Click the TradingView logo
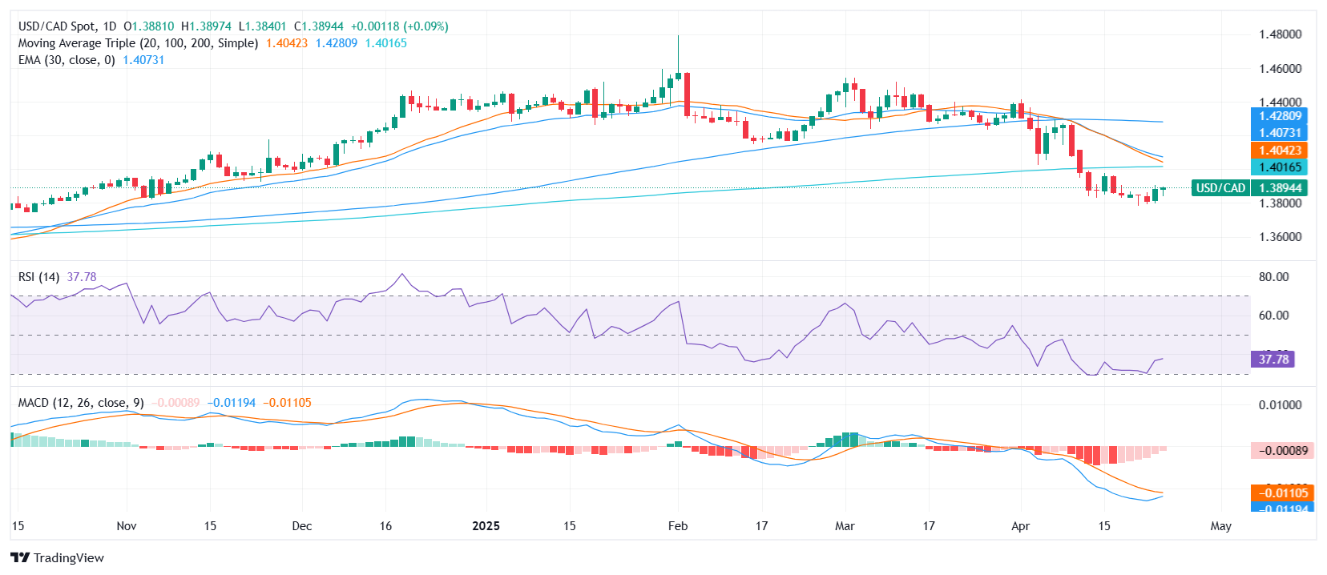tap(57, 557)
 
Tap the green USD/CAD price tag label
tap(1220, 188)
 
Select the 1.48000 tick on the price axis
tap(1280, 34)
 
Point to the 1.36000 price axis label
tap(1280, 237)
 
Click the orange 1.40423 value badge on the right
tap(1279, 151)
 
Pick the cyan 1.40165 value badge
tap(1279, 167)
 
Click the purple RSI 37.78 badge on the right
tap(1273, 360)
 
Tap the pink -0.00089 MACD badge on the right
tap(1281, 451)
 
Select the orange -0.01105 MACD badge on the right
tap(1281, 493)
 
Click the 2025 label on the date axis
tap(486, 526)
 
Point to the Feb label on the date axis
tap(678, 526)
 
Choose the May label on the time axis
tap(1220, 526)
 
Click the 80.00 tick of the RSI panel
tap(1273, 277)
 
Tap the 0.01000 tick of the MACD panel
tap(1280, 405)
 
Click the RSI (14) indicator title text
tap(39, 277)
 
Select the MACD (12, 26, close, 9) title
tap(81, 403)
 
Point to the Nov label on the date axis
tap(127, 526)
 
